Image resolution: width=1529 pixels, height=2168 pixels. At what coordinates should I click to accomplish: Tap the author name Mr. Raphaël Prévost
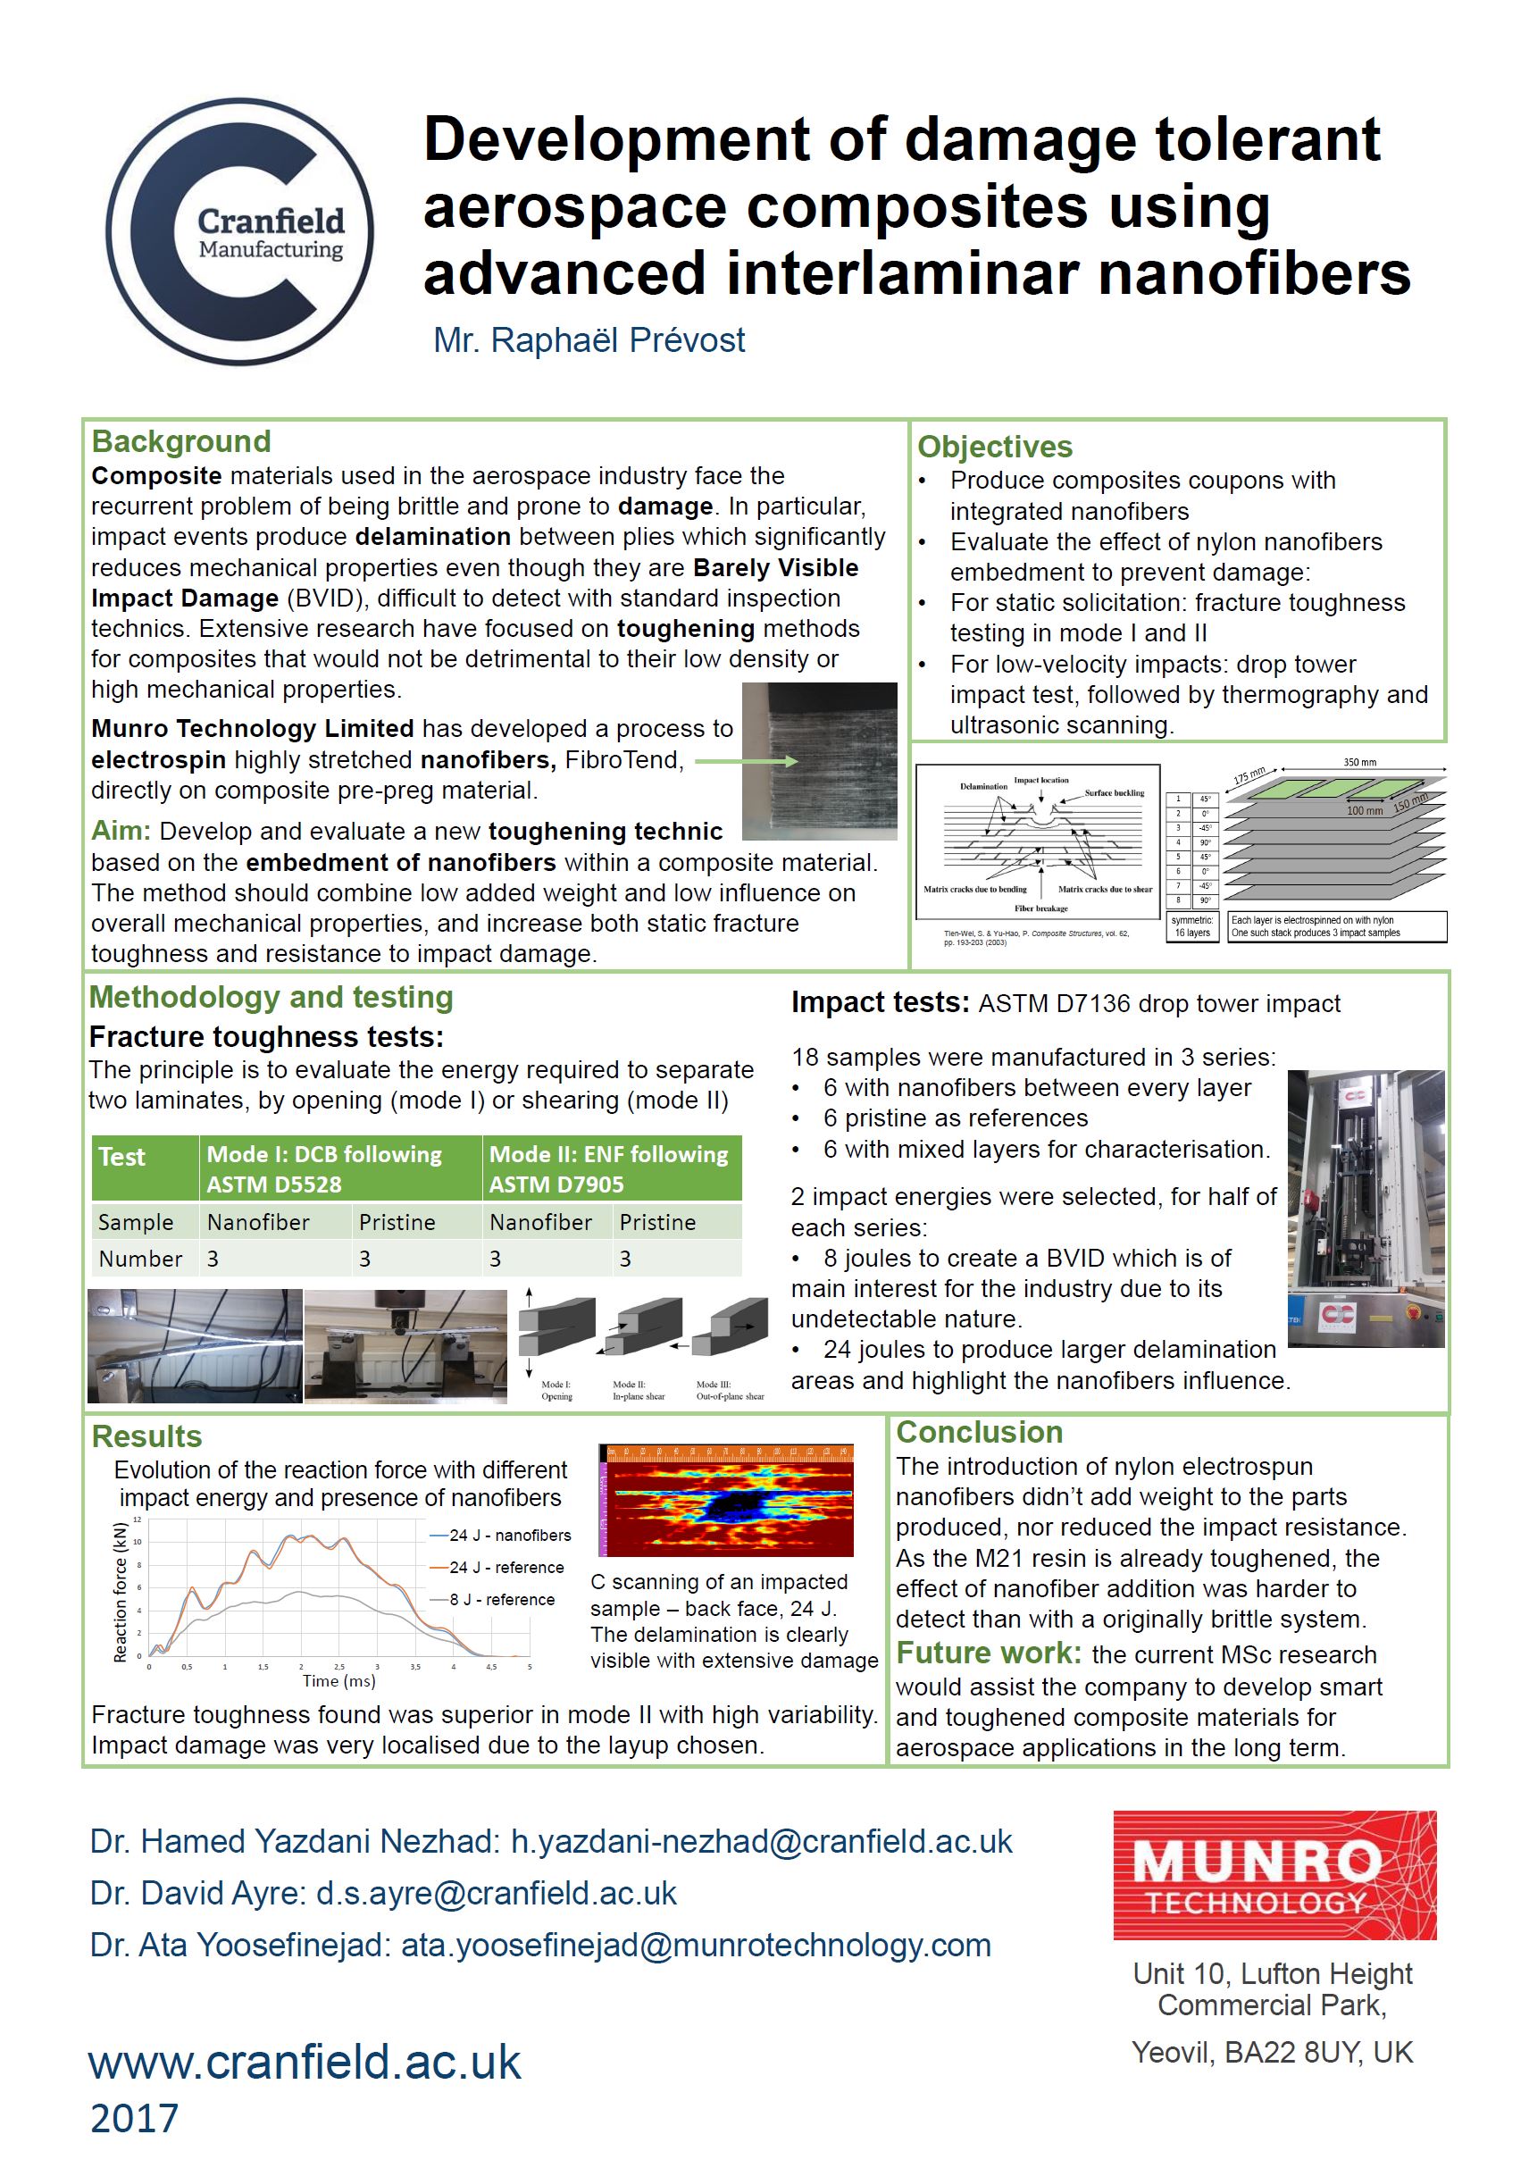[589, 341]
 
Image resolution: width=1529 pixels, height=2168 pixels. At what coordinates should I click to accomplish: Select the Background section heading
[181, 442]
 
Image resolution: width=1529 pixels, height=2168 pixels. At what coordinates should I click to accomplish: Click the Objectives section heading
[995, 447]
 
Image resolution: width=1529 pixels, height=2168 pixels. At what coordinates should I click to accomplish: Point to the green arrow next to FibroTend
[747, 761]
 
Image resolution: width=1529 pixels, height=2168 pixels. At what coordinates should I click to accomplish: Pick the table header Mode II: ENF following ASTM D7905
[609, 1169]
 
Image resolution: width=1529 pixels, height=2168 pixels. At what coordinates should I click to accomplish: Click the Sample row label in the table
[136, 1223]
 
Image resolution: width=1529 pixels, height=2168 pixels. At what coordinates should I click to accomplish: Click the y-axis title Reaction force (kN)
[120, 1592]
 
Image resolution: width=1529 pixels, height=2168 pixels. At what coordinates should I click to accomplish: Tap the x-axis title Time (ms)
[338, 1681]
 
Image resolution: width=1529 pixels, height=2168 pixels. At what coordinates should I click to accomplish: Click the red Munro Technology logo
[1274, 1874]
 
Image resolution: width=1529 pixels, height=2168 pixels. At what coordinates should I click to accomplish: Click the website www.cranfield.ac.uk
[305, 2063]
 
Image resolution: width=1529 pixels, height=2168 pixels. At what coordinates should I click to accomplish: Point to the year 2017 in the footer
[134, 2119]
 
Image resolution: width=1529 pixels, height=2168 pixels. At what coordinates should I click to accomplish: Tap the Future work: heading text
[988, 1653]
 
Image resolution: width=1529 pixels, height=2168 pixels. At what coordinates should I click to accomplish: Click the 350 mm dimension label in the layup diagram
[1359, 762]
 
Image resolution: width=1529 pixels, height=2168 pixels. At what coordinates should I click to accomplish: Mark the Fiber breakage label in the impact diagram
[1040, 908]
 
